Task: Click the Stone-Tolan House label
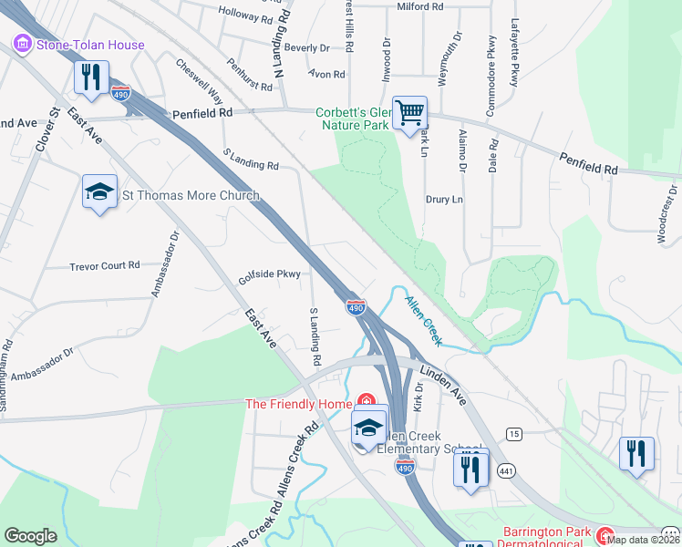coord(89,45)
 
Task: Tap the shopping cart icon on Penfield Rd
coord(410,114)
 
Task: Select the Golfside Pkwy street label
coord(270,273)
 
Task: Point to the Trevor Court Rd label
coord(105,266)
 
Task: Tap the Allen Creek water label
coord(423,320)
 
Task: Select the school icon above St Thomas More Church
coord(99,191)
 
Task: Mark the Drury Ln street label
coord(444,199)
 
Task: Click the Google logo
coord(30,536)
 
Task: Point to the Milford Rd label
coord(419,6)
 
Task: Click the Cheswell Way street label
coord(200,81)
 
